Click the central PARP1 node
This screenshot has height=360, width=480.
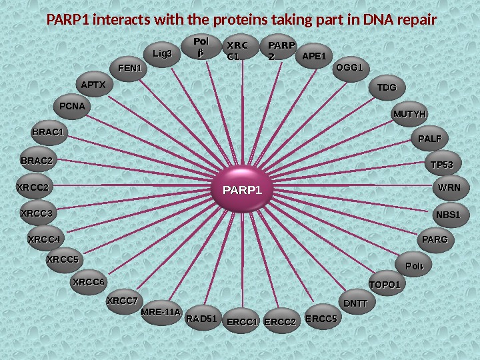coord(243,191)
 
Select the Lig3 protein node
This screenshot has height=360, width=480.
coord(162,54)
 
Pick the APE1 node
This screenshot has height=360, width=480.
coord(314,57)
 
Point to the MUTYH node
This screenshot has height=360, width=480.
coord(409,114)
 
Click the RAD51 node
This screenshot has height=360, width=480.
coord(202,319)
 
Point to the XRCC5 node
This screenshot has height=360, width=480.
coord(63,259)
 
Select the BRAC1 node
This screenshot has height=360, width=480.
coord(48,132)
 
